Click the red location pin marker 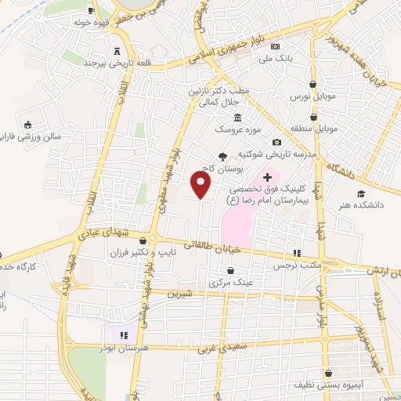(x=201, y=185)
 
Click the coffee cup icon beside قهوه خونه (x=92, y=10)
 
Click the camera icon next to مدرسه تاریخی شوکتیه (x=276, y=143)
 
